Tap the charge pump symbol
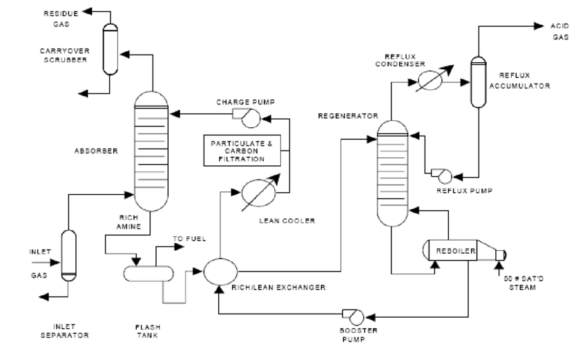[x=248, y=118]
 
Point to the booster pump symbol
[x=356, y=316]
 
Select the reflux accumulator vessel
[x=477, y=82]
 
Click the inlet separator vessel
[x=68, y=254]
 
